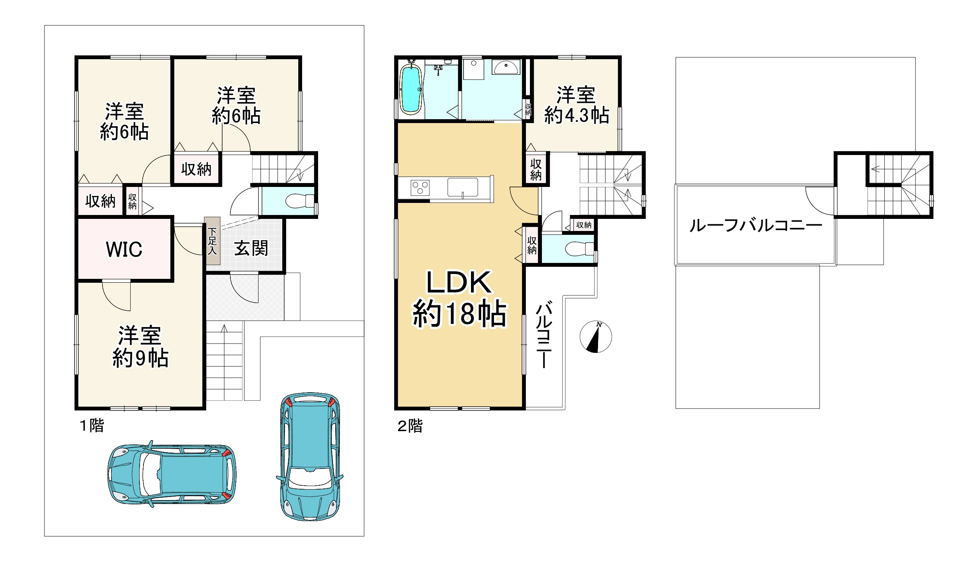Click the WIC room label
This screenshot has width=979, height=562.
pos(124,249)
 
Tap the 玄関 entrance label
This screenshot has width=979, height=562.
pos(251,248)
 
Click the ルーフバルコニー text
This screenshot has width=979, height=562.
pos(756,226)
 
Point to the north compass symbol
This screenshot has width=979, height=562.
pos(596,337)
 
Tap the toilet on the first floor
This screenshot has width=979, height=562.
pos(300,201)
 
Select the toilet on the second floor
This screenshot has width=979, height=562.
pos(579,248)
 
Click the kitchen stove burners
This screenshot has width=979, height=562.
pos(420,188)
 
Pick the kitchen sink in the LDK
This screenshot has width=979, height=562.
pos(463,187)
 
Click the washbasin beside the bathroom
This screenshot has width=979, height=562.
pos(506,67)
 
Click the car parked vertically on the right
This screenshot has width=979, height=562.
pos(310,456)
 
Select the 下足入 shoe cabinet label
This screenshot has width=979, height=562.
pos(212,241)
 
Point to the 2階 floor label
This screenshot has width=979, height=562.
pos(410,426)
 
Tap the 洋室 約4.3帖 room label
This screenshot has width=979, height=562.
pos(576,105)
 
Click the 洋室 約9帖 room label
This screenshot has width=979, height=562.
pos(140,347)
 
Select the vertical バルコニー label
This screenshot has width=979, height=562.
pos(544,334)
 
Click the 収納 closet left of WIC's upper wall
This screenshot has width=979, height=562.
pos(100,201)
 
